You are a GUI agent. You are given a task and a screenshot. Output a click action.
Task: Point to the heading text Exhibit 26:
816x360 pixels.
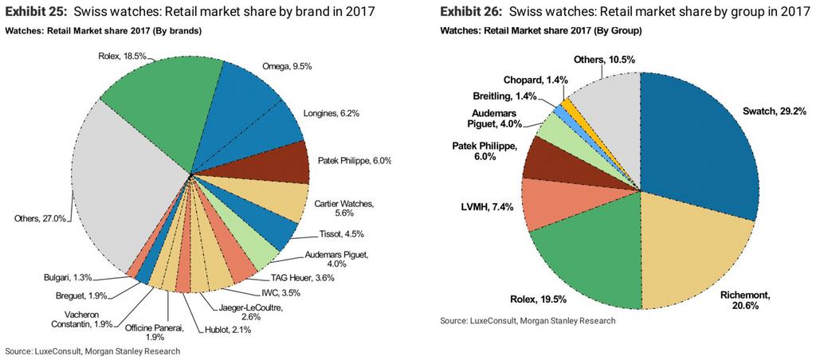(474, 11)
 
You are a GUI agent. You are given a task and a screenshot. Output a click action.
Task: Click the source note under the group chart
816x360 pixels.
(528, 321)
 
